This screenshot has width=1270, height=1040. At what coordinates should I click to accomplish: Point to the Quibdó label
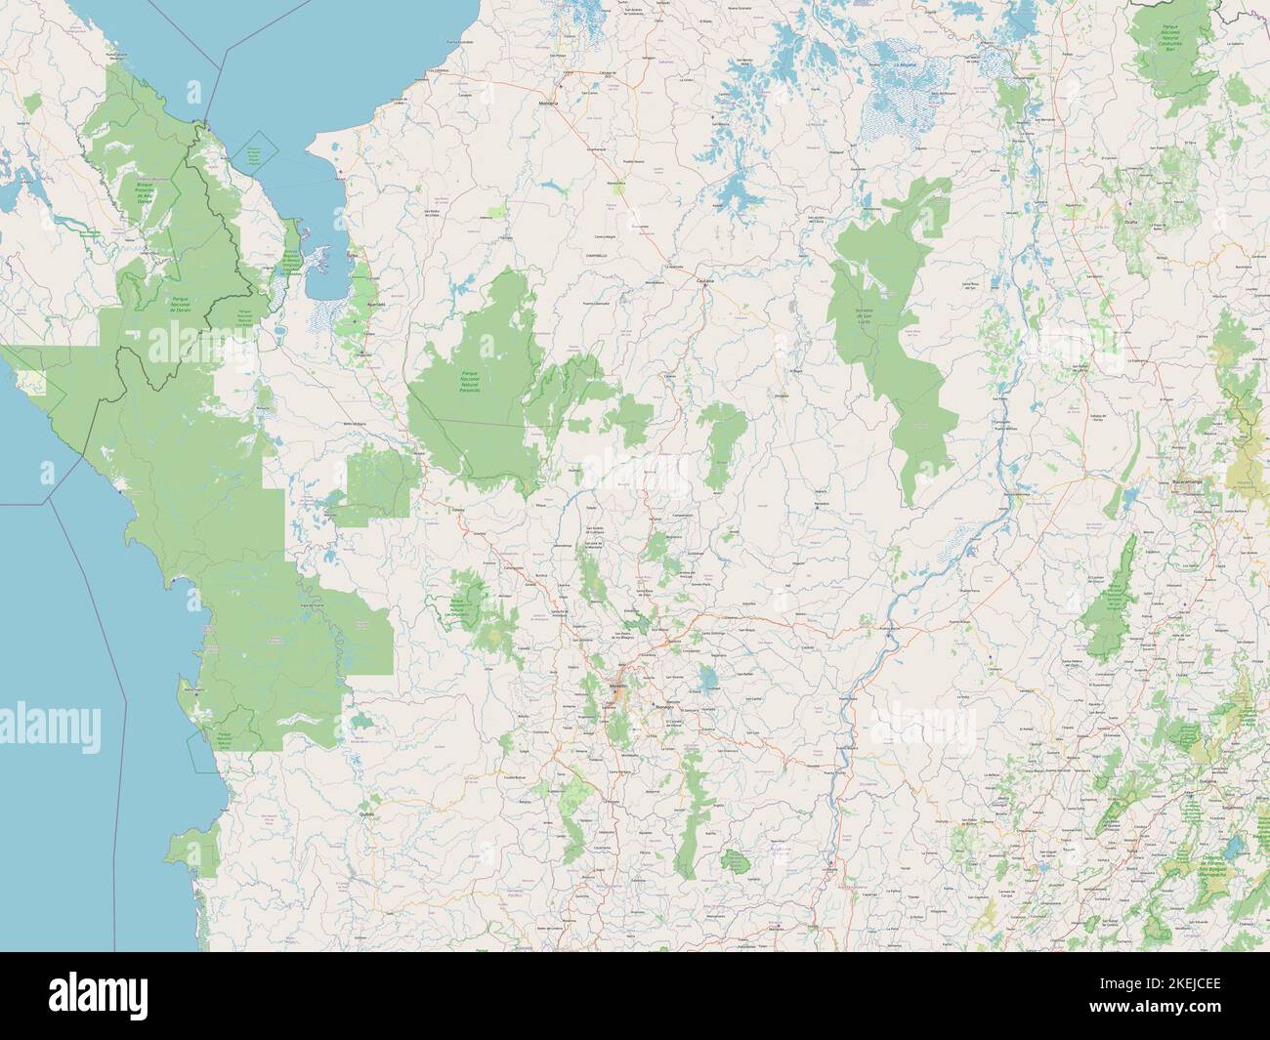tap(367, 812)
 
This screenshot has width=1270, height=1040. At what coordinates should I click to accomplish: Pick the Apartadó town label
tap(374, 304)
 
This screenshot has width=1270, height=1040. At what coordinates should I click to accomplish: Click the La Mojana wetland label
tap(906, 66)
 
